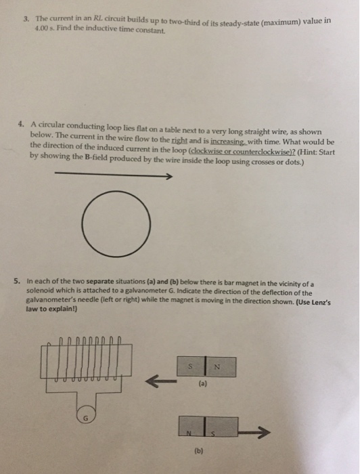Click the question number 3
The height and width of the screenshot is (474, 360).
(x=26, y=19)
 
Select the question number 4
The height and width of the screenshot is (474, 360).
(x=20, y=124)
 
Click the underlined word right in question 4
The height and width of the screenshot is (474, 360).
(x=180, y=141)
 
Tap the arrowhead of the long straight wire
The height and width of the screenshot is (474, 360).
(x=169, y=176)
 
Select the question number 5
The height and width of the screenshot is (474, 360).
(x=17, y=281)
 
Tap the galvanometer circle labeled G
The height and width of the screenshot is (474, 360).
(x=85, y=418)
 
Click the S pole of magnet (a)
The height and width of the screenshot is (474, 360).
(x=191, y=367)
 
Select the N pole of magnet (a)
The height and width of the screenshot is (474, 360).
(x=221, y=367)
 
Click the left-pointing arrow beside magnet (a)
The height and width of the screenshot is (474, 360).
(x=161, y=381)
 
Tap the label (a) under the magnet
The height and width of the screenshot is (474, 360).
(x=202, y=384)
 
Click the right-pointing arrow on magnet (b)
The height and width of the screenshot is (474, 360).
(x=254, y=433)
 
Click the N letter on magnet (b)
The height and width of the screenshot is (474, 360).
(x=189, y=433)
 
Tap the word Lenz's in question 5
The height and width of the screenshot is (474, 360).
(x=321, y=302)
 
